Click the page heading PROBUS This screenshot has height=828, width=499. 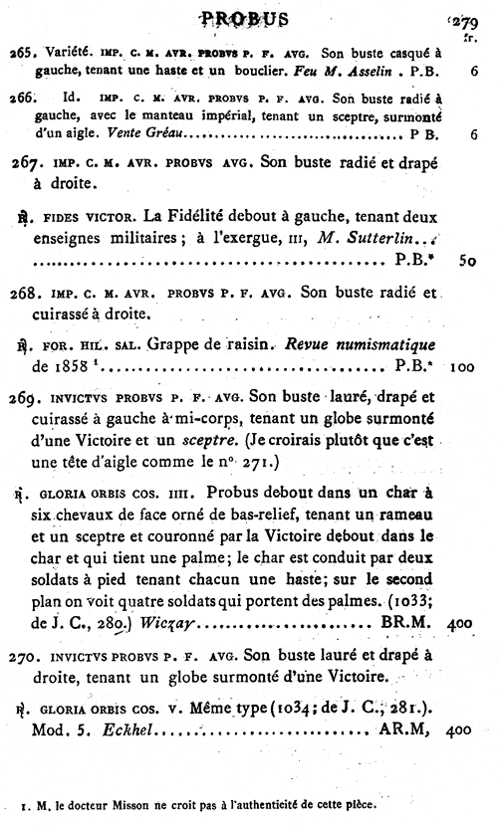245,19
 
